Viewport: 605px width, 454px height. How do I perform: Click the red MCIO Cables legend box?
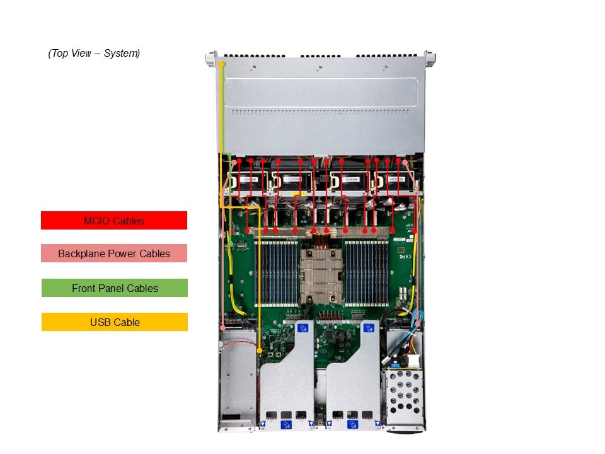(x=114, y=221)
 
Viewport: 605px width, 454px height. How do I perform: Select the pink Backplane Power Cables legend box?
(x=114, y=253)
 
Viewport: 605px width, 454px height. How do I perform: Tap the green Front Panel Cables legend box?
(x=115, y=288)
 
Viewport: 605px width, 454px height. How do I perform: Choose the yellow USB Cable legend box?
(x=115, y=322)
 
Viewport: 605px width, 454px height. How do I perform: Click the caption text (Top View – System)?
(x=94, y=54)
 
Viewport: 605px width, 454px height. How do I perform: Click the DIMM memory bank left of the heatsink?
(x=277, y=272)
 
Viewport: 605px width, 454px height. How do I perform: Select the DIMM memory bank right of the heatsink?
(x=366, y=272)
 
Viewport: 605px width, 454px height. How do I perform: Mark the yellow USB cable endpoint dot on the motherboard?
(x=260, y=349)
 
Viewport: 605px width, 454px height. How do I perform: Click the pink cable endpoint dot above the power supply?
(x=224, y=327)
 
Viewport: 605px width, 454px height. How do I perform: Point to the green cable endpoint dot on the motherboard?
(x=230, y=242)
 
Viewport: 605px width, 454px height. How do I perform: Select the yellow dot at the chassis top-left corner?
(x=221, y=64)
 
